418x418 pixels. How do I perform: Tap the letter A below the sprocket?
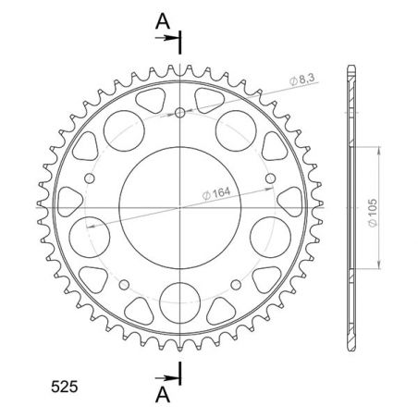pos(163,395)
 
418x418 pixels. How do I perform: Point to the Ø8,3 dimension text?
pos(303,82)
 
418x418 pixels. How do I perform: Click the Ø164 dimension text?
pos(218,192)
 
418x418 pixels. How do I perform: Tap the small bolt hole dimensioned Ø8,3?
pos(178,114)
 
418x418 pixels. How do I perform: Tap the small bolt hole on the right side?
pos(268,178)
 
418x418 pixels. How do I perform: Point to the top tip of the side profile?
pos(350,68)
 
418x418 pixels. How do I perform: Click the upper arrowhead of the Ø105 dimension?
pos(377,148)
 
